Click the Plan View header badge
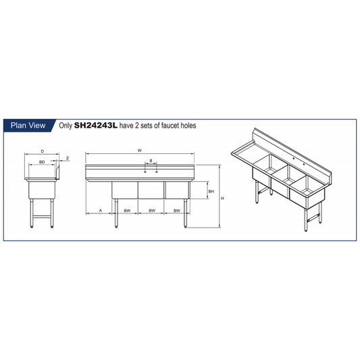[x=28, y=126]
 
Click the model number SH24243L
[x=96, y=126]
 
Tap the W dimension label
[x=140, y=151]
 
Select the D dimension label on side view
[x=43, y=151]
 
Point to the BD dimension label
[x=42, y=162]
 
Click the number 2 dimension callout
[x=68, y=158]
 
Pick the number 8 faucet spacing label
[x=151, y=161]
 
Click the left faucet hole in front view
[x=145, y=172]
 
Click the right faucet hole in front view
[x=157, y=172]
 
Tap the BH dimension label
[x=211, y=191]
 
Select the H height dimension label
[x=222, y=199]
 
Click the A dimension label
[x=101, y=210]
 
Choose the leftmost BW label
[x=127, y=211]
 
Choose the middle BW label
[x=152, y=211]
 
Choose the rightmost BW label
[x=177, y=211]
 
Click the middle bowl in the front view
[x=151, y=190]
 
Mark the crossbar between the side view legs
[x=43, y=216]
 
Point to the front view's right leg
[x=185, y=213]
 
